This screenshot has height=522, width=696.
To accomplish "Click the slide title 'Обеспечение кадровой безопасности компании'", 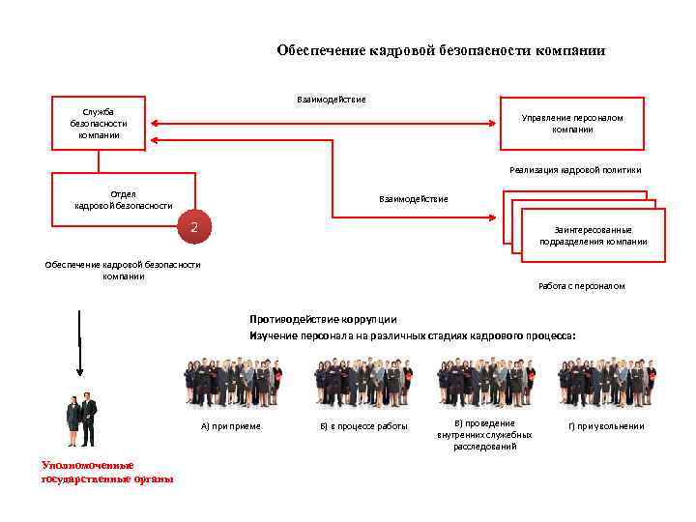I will pyautogui.click(x=441, y=50).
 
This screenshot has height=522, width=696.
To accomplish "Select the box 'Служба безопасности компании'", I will pyautogui.click(x=99, y=123).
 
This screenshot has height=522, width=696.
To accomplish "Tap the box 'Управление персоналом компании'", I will pyautogui.click(x=571, y=123).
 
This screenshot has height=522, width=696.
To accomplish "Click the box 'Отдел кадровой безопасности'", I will pyautogui.click(x=124, y=199).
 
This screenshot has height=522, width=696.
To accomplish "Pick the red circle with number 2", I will pyautogui.click(x=194, y=228).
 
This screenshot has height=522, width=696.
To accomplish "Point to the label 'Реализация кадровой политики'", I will pyautogui.click(x=575, y=170).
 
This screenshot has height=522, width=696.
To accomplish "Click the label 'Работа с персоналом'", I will pyautogui.click(x=581, y=286).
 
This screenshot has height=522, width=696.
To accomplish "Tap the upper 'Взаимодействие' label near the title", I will pyautogui.click(x=331, y=99).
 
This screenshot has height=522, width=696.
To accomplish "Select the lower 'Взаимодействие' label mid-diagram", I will pyautogui.click(x=414, y=199).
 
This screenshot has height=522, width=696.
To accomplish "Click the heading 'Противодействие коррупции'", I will pyautogui.click(x=323, y=319).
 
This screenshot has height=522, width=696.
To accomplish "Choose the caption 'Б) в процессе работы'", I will pyautogui.click(x=363, y=426).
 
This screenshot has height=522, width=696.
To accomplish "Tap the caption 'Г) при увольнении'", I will pyautogui.click(x=605, y=426).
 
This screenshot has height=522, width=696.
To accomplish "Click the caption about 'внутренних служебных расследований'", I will pyautogui.click(x=484, y=435).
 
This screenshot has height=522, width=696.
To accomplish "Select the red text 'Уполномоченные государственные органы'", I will pyautogui.click(x=107, y=472).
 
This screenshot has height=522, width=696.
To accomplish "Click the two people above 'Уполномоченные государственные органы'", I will pyautogui.click(x=81, y=420).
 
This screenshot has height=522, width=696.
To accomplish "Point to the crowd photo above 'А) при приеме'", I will pyautogui.click(x=232, y=383).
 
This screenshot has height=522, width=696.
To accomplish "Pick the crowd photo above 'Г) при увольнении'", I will pyautogui.click(x=606, y=383).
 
